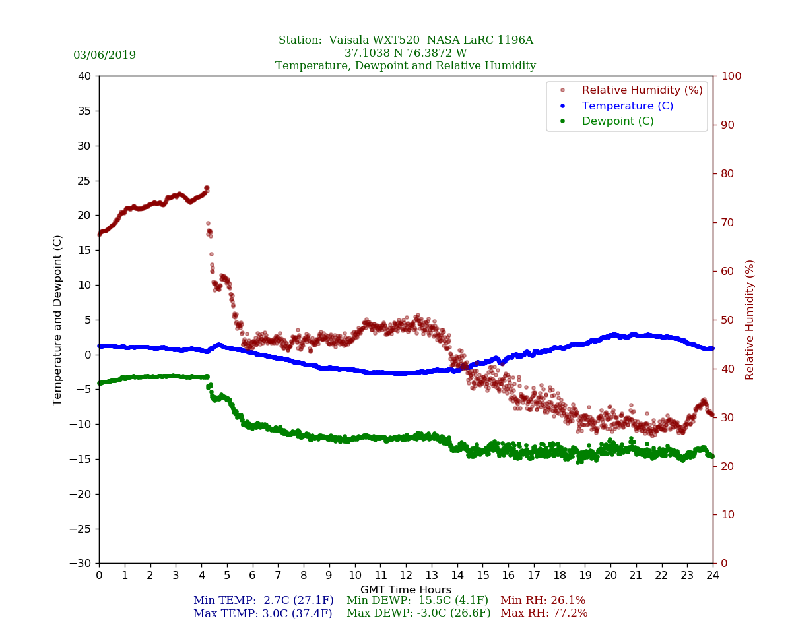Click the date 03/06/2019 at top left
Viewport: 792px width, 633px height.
coord(104,55)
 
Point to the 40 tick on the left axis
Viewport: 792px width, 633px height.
coord(85,76)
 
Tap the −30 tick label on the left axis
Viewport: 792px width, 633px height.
coord(80,564)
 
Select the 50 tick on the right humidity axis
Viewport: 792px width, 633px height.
coord(725,320)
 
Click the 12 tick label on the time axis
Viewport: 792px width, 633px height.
coord(406,576)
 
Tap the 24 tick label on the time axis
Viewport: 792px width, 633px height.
coord(713,576)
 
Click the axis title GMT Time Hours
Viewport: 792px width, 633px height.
coord(406,589)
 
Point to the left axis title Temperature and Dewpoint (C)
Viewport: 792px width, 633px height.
coord(58,320)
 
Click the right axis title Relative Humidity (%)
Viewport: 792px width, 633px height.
coord(750,320)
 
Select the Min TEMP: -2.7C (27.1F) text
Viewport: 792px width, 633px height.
coord(263,601)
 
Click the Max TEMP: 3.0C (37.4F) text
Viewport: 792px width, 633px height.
coord(263,613)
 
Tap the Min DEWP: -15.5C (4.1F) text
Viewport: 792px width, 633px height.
coord(417,601)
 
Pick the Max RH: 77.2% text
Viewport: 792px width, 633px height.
coord(544,613)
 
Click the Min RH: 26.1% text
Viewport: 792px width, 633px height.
coord(543,601)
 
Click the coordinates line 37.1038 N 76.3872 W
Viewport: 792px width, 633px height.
coord(406,53)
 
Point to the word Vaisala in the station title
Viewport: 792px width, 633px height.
coord(354,40)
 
